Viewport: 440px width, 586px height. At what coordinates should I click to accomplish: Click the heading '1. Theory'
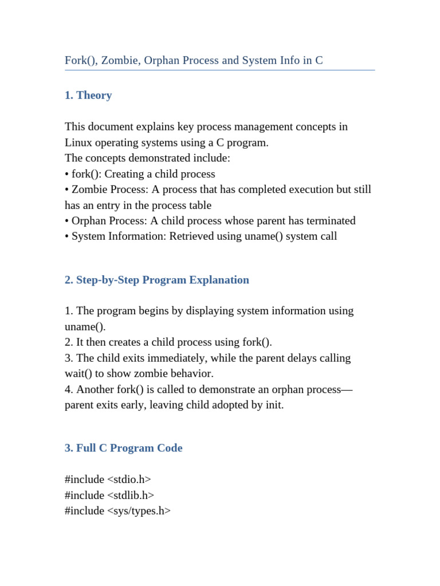pyautogui.click(x=88, y=96)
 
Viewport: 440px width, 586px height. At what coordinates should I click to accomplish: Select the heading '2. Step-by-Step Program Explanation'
pyautogui.click(x=156, y=280)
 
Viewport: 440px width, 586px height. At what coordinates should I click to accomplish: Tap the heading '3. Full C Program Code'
pyautogui.click(x=123, y=448)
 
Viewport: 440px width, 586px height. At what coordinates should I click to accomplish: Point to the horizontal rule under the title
pyautogui.click(x=219, y=70)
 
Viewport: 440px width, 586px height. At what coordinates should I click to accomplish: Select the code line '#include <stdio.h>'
pyautogui.click(x=108, y=480)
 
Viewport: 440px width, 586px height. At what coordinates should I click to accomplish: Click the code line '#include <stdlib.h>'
pyautogui.click(x=109, y=496)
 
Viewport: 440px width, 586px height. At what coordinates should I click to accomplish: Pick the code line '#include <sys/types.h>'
pyautogui.click(x=117, y=511)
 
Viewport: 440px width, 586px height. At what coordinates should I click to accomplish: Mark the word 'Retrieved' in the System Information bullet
pyautogui.click(x=191, y=236)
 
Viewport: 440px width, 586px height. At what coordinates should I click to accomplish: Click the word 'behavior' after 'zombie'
pyautogui.click(x=192, y=374)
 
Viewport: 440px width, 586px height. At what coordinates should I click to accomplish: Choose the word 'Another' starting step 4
pyautogui.click(x=95, y=390)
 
